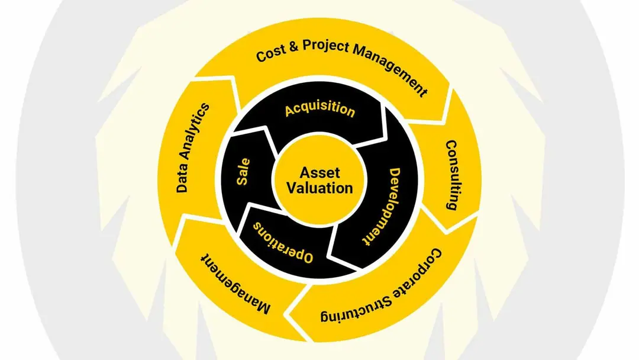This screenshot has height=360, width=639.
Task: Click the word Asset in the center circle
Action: [x=319, y=173]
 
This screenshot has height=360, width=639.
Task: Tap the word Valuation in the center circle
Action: [x=319, y=188]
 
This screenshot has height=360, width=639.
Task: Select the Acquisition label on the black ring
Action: [x=320, y=110]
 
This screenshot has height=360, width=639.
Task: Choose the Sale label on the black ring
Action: [x=243, y=172]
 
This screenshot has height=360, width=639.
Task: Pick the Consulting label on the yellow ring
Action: [x=452, y=175]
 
